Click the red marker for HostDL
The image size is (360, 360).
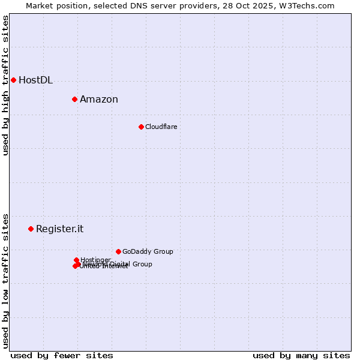[x=13, y=80]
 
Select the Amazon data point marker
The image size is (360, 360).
[x=74, y=99]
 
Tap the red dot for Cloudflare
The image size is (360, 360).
[x=141, y=127]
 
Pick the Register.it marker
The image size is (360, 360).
[x=31, y=229]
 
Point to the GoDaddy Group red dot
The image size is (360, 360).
[x=118, y=251]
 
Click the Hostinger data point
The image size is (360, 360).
[x=76, y=260]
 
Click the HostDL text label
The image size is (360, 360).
[x=35, y=80]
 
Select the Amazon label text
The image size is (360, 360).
[x=99, y=100]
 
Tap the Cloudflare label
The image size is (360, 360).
[x=161, y=127]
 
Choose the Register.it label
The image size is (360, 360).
[x=59, y=229]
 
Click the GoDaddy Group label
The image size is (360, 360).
[x=148, y=251]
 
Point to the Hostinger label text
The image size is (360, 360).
[x=95, y=260]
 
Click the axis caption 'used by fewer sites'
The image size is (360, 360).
[x=62, y=355]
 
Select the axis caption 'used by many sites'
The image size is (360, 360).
[x=301, y=355]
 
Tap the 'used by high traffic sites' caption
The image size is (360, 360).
[x=5, y=85]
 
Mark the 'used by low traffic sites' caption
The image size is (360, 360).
[x=5, y=281]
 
